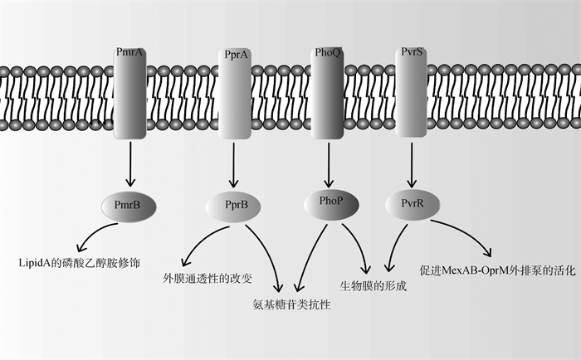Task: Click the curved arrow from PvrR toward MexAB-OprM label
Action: (x=465, y=233)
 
